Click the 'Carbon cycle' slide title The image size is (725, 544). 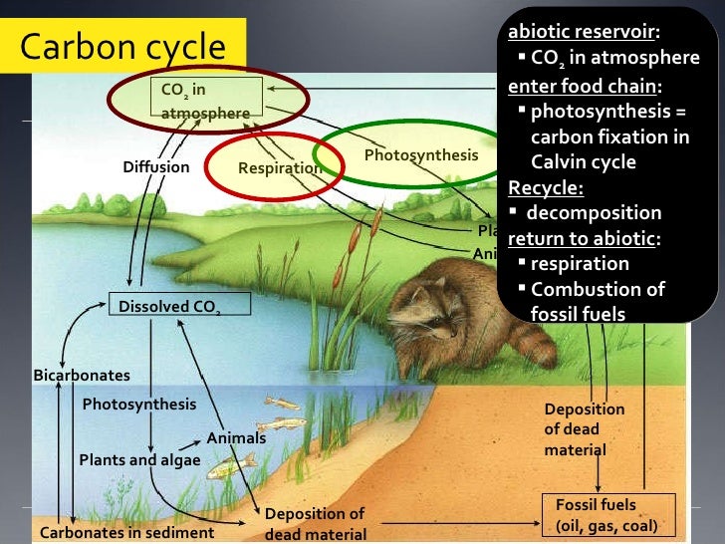[x=123, y=47]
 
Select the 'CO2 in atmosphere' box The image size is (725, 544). [x=205, y=101]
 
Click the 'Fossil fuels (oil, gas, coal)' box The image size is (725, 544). [x=606, y=515]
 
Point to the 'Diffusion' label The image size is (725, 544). [x=155, y=166]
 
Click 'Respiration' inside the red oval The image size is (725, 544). [x=280, y=168]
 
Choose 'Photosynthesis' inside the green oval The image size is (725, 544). [x=420, y=155]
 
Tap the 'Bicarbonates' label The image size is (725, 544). [x=82, y=375]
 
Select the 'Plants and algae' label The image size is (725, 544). [x=139, y=459]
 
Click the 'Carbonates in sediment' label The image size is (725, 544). [x=126, y=532]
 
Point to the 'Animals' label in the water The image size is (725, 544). [x=236, y=437]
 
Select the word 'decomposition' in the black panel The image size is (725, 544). [x=594, y=212]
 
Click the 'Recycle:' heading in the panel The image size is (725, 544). [x=546, y=187]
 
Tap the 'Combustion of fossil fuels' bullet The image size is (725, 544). [x=598, y=301]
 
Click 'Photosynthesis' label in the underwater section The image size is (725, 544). [x=138, y=405]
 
